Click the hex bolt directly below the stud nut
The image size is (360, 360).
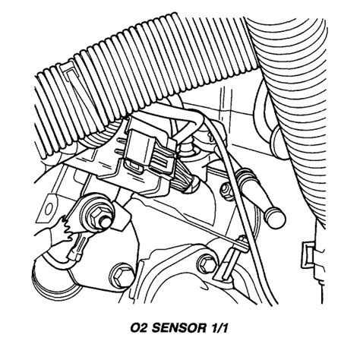pos(119,271)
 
